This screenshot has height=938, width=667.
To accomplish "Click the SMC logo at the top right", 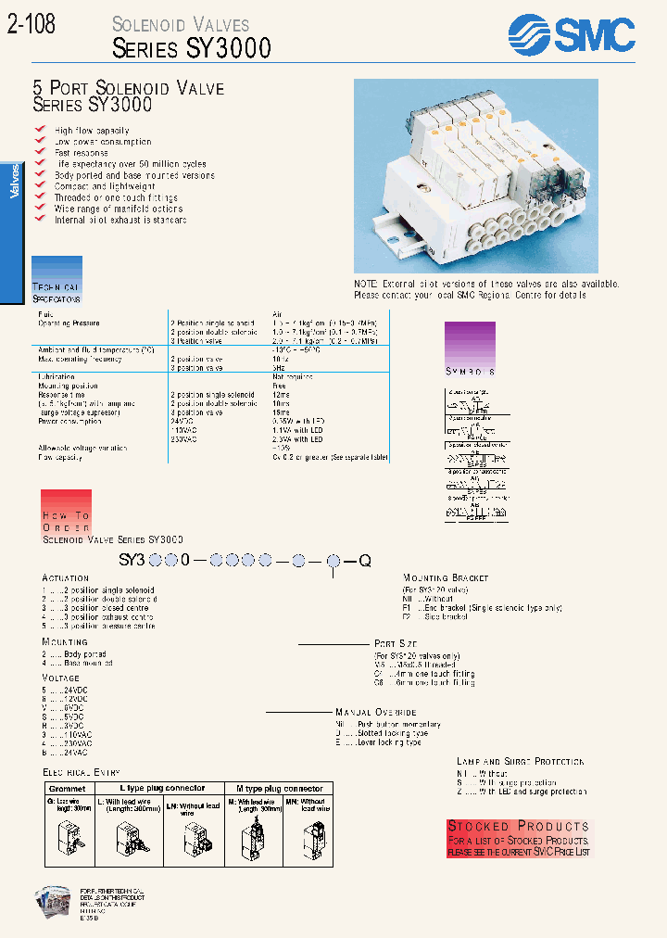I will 572,34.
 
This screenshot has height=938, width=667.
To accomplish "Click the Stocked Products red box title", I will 518,826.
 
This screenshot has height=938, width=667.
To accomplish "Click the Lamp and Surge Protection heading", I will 520,762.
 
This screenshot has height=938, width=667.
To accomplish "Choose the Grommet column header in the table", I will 67,789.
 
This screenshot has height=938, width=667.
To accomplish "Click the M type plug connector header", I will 280,789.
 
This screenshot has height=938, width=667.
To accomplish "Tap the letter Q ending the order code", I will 365,561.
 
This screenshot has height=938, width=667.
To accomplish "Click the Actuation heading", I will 65,577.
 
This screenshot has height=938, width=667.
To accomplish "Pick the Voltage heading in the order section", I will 62,678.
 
